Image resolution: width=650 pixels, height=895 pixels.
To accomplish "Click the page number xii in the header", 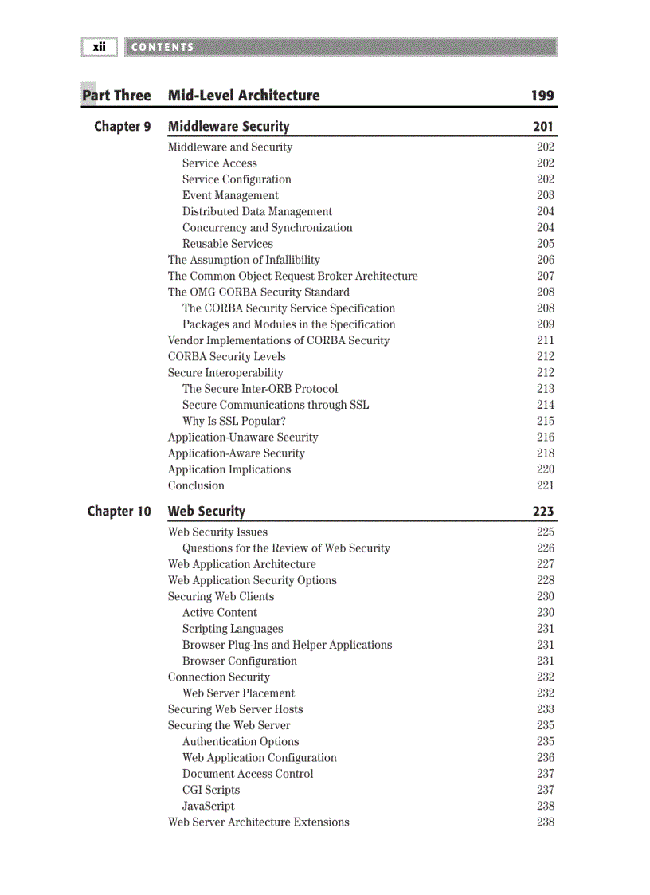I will (x=99, y=47).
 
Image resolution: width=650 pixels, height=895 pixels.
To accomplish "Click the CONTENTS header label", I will (x=162, y=47).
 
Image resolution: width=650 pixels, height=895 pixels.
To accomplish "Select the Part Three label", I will (x=116, y=96).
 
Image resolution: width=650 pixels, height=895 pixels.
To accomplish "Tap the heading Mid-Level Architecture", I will (x=244, y=96).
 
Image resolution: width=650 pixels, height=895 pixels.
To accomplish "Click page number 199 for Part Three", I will (x=542, y=96).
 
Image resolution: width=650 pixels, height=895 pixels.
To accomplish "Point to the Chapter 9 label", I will (x=122, y=127).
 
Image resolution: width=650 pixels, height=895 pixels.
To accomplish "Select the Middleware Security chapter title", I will (x=229, y=127).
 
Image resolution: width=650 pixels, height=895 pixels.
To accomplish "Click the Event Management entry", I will (x=230, y=195).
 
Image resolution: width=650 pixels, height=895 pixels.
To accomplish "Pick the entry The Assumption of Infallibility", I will (x=244, y=260).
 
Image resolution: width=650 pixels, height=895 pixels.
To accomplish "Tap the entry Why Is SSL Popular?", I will (x=233, y=421).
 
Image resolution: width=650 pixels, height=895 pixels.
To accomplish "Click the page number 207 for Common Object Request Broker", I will (x=545, y=276).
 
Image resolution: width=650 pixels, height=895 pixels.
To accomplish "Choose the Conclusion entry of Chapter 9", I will (x=196, y=485).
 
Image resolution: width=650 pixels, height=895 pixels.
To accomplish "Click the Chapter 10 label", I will (x=119, y=512).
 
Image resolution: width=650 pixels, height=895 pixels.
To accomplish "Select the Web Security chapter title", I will (x=206, y=512).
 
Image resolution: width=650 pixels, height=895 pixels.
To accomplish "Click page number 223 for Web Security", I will (x=543, y=512).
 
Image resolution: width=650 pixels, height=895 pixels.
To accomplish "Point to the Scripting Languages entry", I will (x=233, y=629).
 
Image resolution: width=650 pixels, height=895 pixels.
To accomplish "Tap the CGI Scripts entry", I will (x=211, y=790).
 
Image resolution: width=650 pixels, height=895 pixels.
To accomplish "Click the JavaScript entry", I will (x=208, y=806).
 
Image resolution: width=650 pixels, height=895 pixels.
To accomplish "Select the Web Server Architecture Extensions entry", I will (x=258, y=822).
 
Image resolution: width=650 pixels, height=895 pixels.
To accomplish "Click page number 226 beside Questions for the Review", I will (x=545, y=548).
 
